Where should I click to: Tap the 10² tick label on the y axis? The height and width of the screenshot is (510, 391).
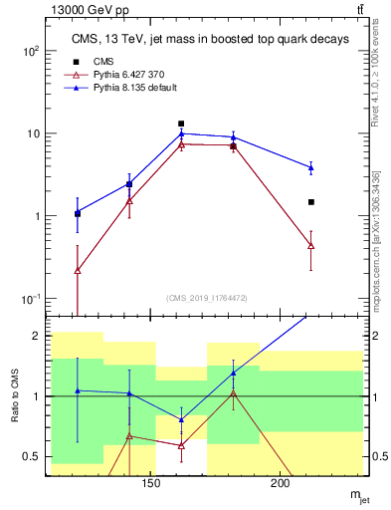(x=32, y=51)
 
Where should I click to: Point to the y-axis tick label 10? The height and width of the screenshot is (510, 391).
(x=32, y=133)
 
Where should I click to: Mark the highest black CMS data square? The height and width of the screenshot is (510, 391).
(x=181, y=125)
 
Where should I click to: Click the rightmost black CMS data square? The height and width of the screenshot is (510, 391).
(x=311, y=202)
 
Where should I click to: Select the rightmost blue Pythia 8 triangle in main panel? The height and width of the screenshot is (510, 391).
(x=311, y=167)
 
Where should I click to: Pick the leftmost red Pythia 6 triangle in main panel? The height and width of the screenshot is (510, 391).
(x=78, y=270)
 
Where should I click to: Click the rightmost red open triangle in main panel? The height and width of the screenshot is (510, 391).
(x=311, y=245)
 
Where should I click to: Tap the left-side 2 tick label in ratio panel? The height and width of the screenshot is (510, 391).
(x=36, y=337)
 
